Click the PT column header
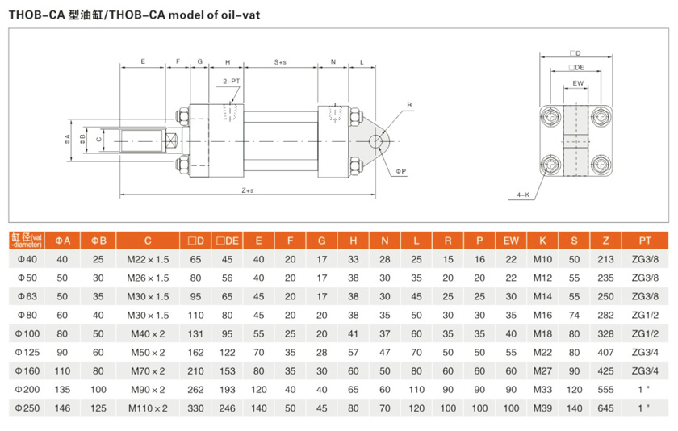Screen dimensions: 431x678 coord(645,241)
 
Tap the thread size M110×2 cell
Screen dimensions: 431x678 coord(148,408)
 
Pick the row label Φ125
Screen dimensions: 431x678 coord(28,352)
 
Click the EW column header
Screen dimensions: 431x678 coord(511,241)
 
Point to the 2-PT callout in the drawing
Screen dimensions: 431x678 coord(230,82)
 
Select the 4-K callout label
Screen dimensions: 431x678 coord(524,195)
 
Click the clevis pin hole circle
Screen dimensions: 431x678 coord(376,142)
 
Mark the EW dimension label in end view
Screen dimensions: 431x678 coord(578,83)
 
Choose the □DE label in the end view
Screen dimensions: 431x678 coord(576,69)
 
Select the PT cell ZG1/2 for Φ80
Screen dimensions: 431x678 coord(645,315)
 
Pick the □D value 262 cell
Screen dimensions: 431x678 coord(196,389)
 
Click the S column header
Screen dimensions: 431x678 coord(574,241)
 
